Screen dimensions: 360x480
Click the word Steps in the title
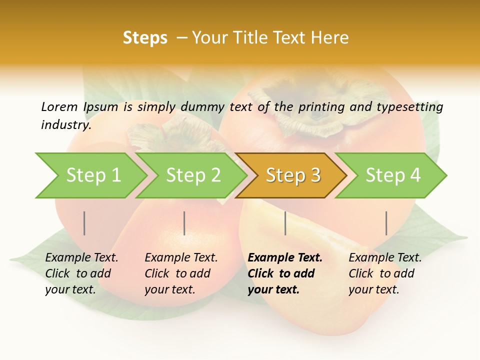(x=145, y=38)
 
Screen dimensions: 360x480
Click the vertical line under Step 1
(x=84, y=223)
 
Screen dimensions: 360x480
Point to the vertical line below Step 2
(x=184, y=223)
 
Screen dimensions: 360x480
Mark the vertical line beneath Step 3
(x=285, y=223)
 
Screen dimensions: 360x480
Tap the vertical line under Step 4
(x=386, y=223)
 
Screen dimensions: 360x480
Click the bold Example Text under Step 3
(x=285, y=258)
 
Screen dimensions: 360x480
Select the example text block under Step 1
(x=81, y=273)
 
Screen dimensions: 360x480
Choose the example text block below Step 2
(x=180, y=273)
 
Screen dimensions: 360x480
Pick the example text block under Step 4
(x=384, y=273)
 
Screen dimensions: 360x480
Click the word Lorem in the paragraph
(x=59, y=106)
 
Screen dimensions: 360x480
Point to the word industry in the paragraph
(x=65, y=125)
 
